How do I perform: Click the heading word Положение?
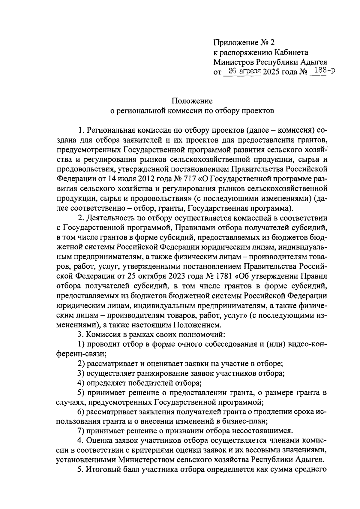[192, 101]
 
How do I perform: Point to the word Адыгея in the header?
[312, 62]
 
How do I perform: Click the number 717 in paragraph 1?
[189, 179]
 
